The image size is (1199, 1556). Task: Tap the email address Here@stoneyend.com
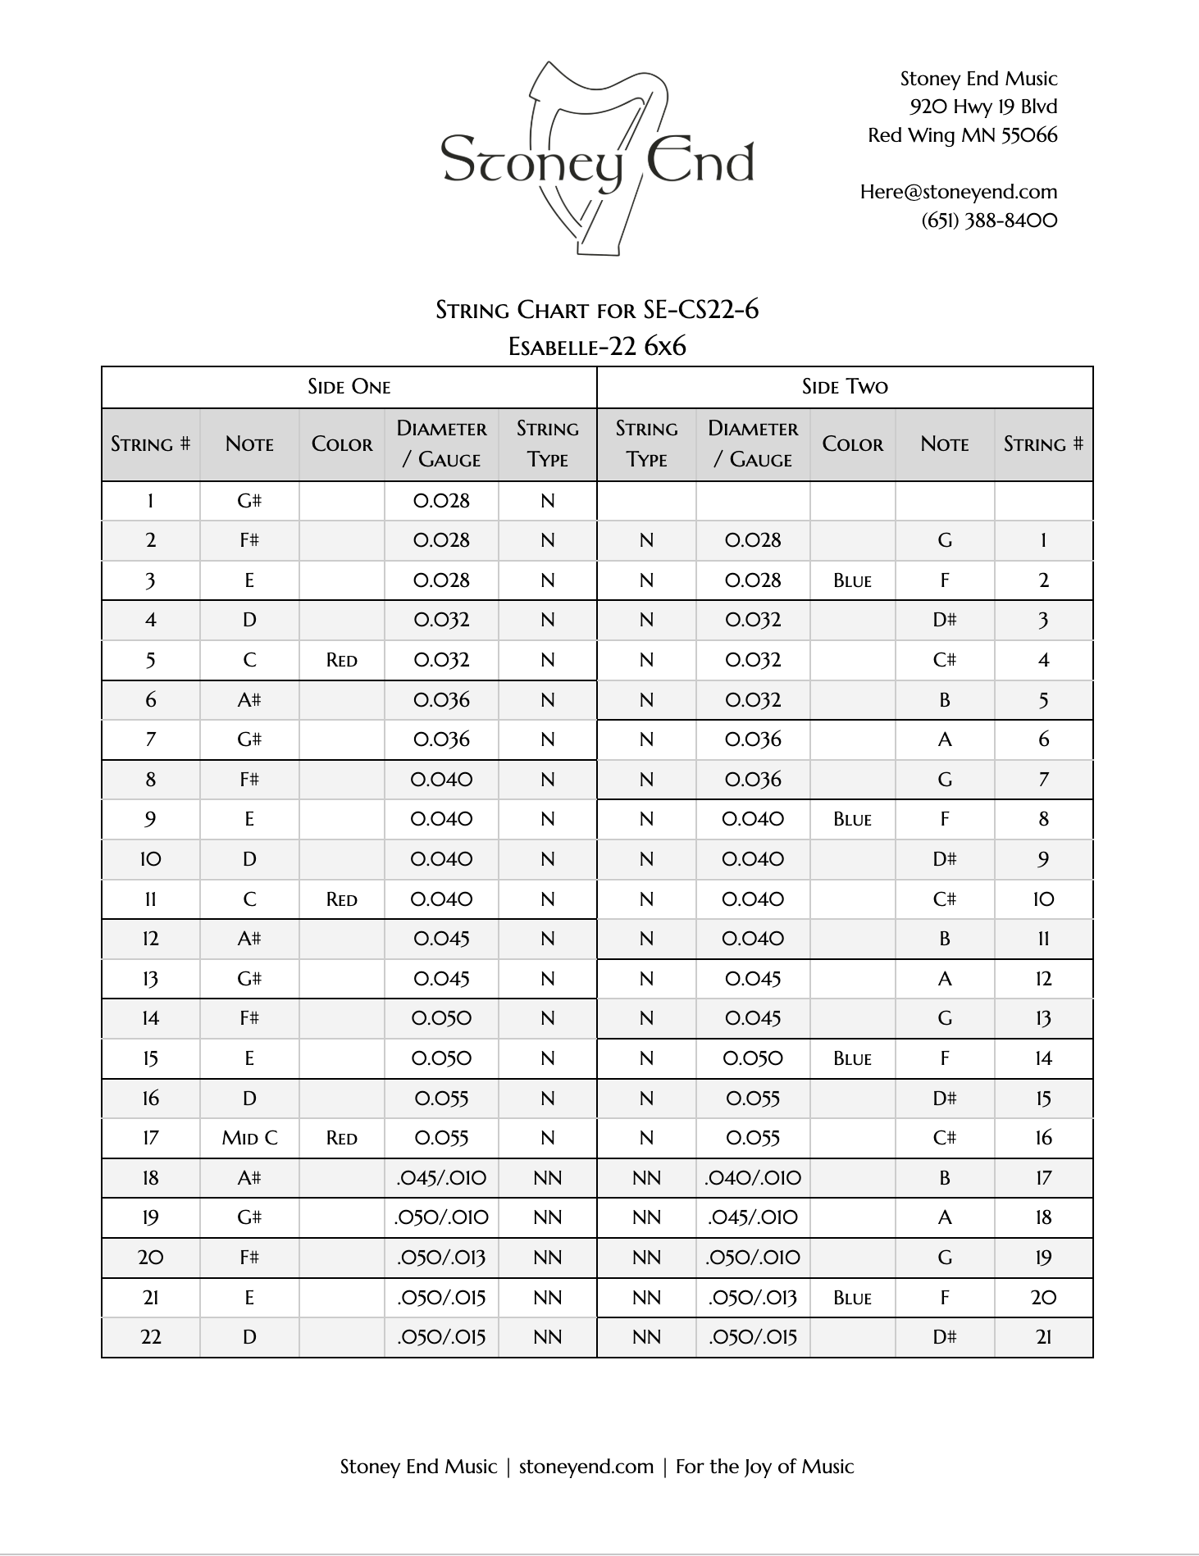tap(958, 192)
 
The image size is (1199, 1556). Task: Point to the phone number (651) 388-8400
tap(989, 221)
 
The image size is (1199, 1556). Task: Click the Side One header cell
tap(349, 387)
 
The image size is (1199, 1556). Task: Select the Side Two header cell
tap(845, 387)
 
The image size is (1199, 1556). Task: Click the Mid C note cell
tap(249, 1138)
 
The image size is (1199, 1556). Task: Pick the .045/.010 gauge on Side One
tap(441, 1178)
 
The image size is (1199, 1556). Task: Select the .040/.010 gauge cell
tap(753, 1178)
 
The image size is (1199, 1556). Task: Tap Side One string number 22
tap(151, 1337)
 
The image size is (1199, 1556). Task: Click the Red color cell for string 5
tap(341, 660)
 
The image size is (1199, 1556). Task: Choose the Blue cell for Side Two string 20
tap(852, 1298)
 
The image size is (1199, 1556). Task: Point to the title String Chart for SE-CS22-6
tap(597, 310)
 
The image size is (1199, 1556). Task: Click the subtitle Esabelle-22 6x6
tap(597, 346)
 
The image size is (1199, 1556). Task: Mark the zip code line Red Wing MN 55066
tap(962, 135)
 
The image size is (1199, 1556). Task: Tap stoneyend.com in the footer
tap(586, 1467)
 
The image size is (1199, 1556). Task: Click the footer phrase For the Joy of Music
tap(764, 1467)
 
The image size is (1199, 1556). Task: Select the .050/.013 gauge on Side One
tap(441, 1258)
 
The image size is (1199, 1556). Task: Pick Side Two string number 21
tap(1043, 1337)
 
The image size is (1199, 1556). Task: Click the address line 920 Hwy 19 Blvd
tap(982, 107)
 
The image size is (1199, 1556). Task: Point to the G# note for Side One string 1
tap(249, 501)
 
